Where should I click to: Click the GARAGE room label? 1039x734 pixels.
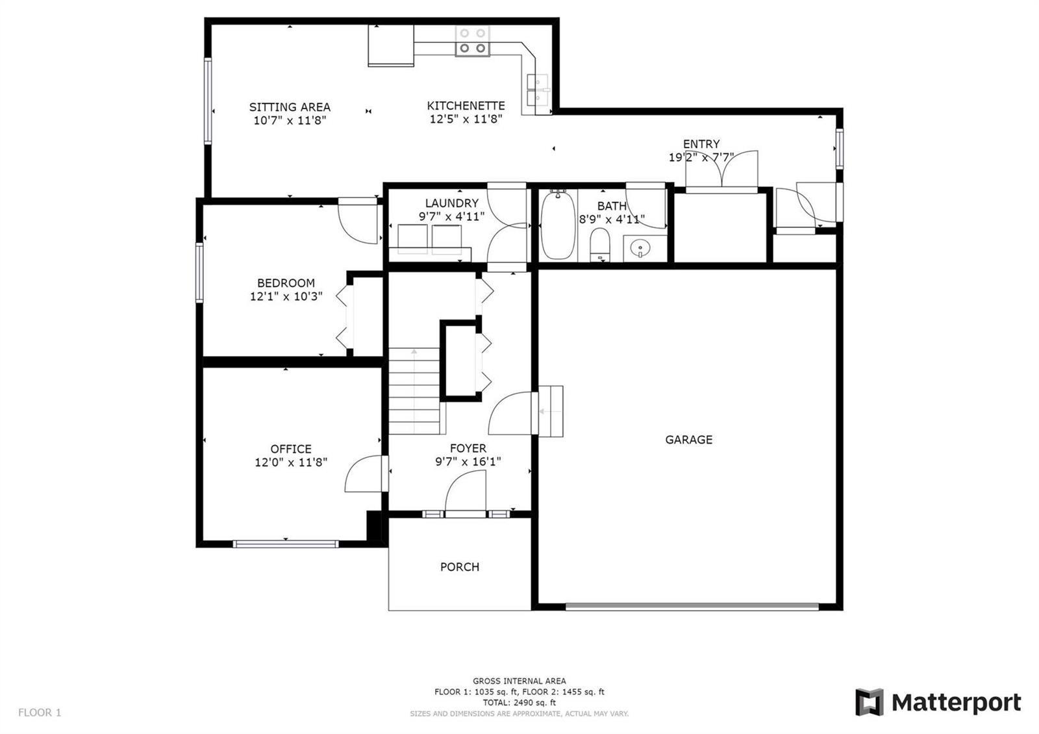(688, 439)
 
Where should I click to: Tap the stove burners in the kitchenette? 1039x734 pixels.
(473, 41)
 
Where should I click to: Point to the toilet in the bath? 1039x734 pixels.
(600, 244)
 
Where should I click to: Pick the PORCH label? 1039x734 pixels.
(460, 566)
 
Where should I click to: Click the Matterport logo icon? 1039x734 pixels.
(870, 702)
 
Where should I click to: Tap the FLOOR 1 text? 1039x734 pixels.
(40, 712)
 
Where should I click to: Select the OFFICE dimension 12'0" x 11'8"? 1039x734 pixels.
(291, 462)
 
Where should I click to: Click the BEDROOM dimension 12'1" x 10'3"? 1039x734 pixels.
(286, 296)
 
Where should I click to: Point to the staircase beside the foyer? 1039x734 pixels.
(414, 390)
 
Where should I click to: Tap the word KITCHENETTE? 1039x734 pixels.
(466, 106)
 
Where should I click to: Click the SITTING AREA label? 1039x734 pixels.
(290, 107)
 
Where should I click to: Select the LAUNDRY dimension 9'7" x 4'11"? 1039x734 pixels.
(451, 216)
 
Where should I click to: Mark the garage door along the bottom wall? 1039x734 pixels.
(692, 606)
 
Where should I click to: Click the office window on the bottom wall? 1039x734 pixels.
(286, 544)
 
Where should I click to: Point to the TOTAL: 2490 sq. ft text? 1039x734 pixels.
(519, 702)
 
